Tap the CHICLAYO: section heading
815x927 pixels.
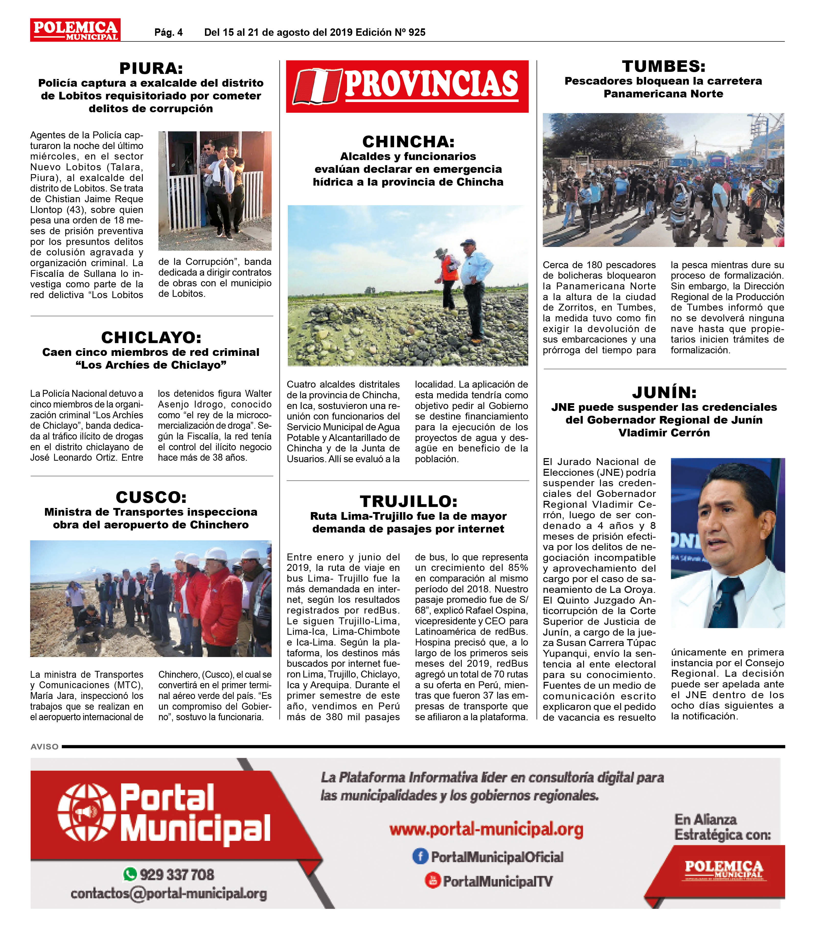(x=151, y=337)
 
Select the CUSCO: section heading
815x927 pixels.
(x=151, y=497)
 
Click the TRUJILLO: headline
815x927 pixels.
(x=408, y=501)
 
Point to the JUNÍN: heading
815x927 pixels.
(x=664, y=392)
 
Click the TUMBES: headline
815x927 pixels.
(x=664, y=66)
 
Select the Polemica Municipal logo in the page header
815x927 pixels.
(x=75, y=30)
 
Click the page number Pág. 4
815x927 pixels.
(x=169, y=32)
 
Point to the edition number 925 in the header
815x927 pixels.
(x=417, y=32)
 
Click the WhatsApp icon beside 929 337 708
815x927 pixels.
(x=130, y=874)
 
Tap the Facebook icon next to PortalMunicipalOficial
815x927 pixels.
(x=420, y=856)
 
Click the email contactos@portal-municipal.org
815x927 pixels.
(x=169, y=894)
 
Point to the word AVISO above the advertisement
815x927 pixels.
(x=44, y=747)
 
